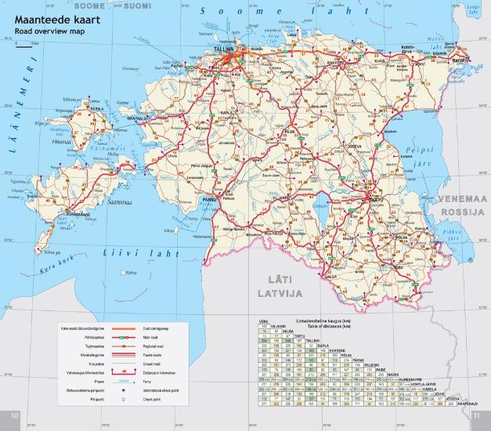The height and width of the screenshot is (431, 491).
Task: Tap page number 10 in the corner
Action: click(9, 415)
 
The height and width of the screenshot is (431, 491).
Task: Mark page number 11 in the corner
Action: click(482, 415)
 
